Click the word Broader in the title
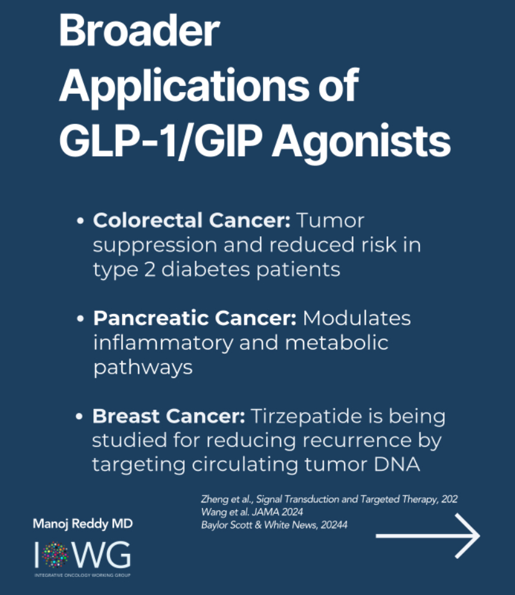pos(139,30)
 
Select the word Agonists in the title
pos(361,142)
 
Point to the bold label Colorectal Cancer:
pos(192,220)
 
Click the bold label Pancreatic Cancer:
pos(195,318)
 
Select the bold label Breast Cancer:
pos(169,416)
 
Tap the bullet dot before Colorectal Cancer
pos(80,221)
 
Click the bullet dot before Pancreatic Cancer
pos(80,318)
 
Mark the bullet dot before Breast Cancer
pos(80,417)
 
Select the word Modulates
pos(357,318)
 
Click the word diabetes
pos(206,269)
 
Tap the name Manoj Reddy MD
pos(83,524)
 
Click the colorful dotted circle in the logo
pos(55,555)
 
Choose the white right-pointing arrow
pos(428,536)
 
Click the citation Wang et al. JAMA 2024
pos(252,512)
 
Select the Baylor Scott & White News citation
pos(274,525)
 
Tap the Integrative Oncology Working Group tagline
pos(82,575)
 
